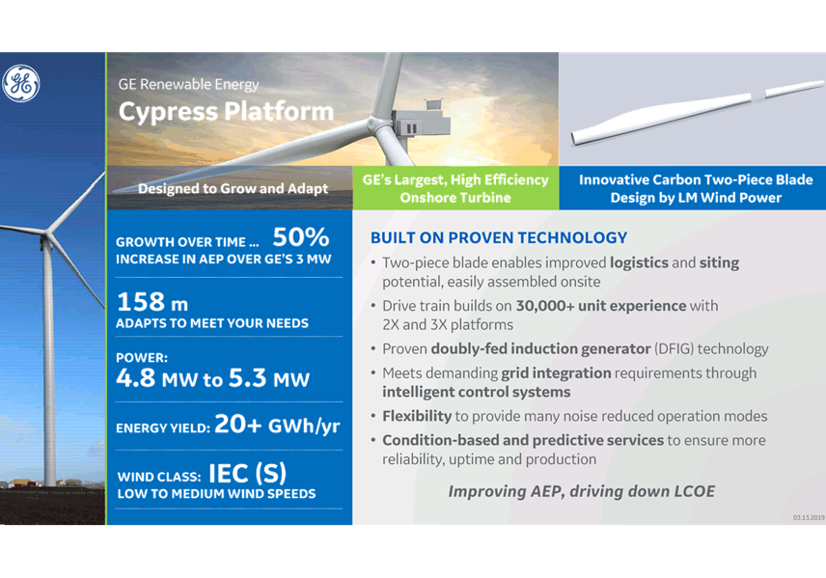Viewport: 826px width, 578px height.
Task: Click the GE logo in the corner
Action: (20, 83)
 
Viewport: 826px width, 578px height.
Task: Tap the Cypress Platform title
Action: (226, 112)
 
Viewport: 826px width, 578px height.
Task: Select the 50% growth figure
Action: (301, 237)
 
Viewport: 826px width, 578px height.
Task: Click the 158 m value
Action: (152, 302)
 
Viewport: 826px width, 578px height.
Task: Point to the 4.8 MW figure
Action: (157, 378)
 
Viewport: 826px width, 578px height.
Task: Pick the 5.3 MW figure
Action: (269, 378)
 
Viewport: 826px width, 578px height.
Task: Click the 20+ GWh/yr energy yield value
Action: (277, 425)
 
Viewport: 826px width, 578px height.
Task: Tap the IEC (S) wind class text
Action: (248, 473)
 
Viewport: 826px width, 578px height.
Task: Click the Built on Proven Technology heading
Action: (499, 237)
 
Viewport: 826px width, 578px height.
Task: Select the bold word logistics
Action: (639, 262)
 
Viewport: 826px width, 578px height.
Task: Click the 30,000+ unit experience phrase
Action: (601, 306)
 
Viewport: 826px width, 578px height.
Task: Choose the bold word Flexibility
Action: (417, 416)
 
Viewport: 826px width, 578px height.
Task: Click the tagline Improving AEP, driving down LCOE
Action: (582, 491)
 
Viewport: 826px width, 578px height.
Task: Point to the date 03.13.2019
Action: (809, 518)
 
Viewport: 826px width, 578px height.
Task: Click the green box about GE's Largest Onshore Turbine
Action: (455, 188)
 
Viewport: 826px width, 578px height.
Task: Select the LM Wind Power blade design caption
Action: (696, 188)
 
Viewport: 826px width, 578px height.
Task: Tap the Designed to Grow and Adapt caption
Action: (233, 188)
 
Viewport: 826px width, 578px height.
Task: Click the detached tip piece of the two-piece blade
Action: (794, 88)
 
